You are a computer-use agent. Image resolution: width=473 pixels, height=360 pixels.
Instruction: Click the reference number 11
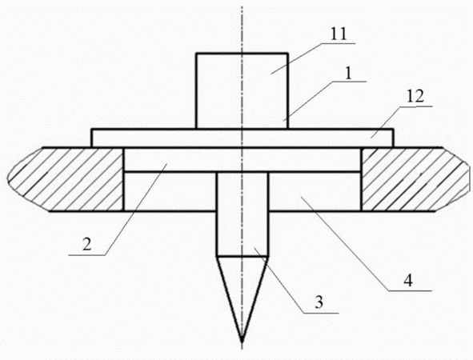[x=339, y=34]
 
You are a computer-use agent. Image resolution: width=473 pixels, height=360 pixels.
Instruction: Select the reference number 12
[x=415, y=97]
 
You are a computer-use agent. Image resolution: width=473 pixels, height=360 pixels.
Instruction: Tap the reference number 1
[x=348, y=74]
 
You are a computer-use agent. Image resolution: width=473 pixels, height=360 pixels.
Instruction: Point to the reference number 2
[x=86, y=244]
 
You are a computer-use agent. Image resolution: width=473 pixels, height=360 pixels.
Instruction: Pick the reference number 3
[x=319, y=302]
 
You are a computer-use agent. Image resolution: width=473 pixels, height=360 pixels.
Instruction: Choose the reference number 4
[x=408, y=281]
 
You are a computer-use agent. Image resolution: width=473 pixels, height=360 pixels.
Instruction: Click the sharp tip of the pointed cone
[x=242, y=342]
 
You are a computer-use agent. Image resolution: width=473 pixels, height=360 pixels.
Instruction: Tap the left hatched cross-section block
[x=66, y=179]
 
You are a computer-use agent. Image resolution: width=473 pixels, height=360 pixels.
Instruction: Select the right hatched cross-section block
[x=415, y=179]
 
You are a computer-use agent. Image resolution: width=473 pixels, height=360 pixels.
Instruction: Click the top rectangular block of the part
[x=242, y=90]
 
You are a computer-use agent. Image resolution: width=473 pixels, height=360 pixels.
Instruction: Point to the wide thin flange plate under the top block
[x=243, y=138]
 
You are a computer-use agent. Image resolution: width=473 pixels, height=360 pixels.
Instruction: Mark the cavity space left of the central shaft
[x=170, y=191]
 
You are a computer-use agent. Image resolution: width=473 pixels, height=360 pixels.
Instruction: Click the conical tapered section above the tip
[x=242, y=290]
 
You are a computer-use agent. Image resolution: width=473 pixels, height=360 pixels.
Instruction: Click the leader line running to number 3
[x=296, y=281]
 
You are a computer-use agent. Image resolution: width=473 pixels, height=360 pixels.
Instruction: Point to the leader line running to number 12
[x=402, y=122]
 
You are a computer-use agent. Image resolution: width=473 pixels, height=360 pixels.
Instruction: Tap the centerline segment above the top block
[x=242, y=30]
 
